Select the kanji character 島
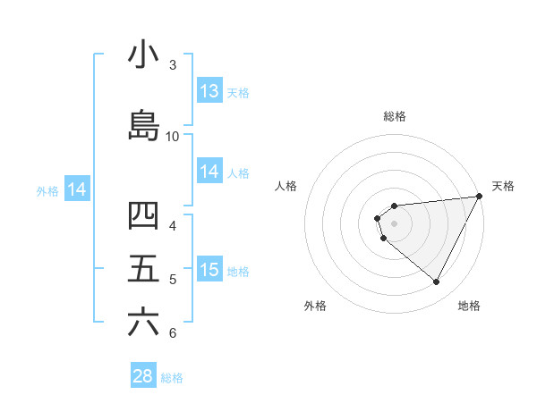pyautogui.click(x=143, y=125)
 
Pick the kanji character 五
pyautogui.click(x=143, y=268)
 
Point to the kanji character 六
pyautogui.click(x=143, y=322)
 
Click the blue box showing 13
pyautogui.click(x=209, y=91)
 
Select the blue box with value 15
pyautogui.click(x=209, y=270)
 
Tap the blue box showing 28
pyautogui.click(x=143, y=376)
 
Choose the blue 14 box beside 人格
pyautogui.click(x=209, y=172)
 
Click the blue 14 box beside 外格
pyautogui.click(x=77, y=189)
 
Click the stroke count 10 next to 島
pyautogui.click(x=173, y=136)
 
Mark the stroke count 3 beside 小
pyautogui.click(x=173, y=64)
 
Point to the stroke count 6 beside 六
pyautogui.click(x=173, y=333)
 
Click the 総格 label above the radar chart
pyautogui.click(x=395, y=116)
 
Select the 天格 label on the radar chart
pyautogui.click(x=503, y=186)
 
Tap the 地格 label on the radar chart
pyautogui.click(x=469, y=306)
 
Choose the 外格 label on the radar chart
pyautogui.click(x=315, y=306)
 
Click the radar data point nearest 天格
pyautogui.click(x=480, y=197)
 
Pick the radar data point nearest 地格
pyautogui.click(x=437, y=282)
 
